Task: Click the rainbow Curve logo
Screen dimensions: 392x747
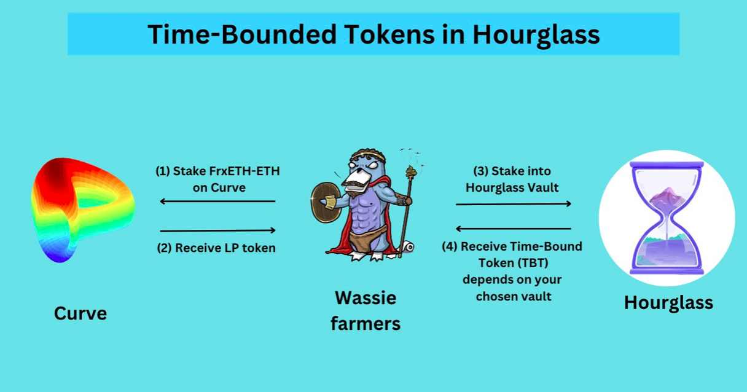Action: (82, 210)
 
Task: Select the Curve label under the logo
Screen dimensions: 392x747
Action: (80, 313)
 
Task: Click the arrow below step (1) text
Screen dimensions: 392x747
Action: (217, 201)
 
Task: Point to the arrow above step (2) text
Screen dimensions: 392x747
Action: (217, 230)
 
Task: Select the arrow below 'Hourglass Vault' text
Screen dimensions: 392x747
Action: (514, 204)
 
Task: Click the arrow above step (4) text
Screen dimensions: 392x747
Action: (514, 229)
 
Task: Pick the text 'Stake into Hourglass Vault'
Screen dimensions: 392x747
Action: (512, 179)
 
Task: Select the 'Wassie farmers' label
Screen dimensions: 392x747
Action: (366, 310)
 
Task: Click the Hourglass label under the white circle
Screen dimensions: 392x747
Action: (668, 302)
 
